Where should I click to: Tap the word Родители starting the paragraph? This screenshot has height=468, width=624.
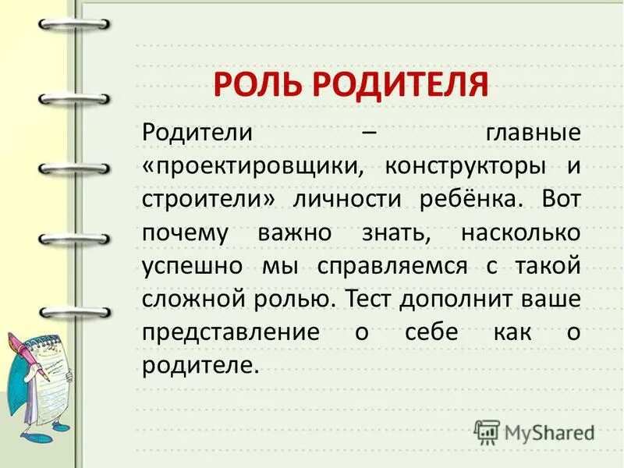pyautogui.click(x=197, y=131)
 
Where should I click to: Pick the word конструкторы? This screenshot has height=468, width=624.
pyautogui.click(x=460, y=165)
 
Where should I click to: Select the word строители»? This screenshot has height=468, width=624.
pyautogui.click(x=209, y=198)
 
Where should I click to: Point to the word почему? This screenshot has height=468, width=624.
pyautogui.click(x=185, y=232)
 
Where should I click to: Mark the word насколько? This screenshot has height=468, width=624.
pyautogui.click(x=520, y=232)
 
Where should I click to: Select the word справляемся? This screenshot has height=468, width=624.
pyautogui.click(x=392, y=266)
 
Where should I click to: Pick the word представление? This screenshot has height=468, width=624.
pyautogui.click(x=231, y=332)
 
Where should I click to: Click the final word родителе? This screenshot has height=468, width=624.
pyautogui.click(x=200, y=365)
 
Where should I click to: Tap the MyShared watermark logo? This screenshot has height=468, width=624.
pyautogui.click(x=534, y=431)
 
